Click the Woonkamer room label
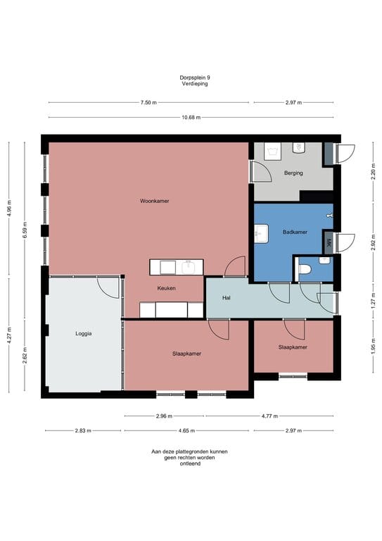point(154,201)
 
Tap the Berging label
point(293,173)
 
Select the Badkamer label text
point(295,232)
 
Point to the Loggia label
point(83,334)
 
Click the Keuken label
point(166,288)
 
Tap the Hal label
point(227,298)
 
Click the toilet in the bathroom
point(305,269)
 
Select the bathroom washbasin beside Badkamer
point(262,234)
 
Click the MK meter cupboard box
point(329,242)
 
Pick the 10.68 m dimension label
point(191,118)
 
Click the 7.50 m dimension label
point(148,102)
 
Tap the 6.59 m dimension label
point(25,230)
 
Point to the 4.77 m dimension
point(269,416)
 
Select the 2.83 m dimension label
point(83,430)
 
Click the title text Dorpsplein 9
point(195,77)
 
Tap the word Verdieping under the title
point(195,84)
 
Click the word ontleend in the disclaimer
point(190,464)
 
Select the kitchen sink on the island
point(189,268)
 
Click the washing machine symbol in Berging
point(273,151)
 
